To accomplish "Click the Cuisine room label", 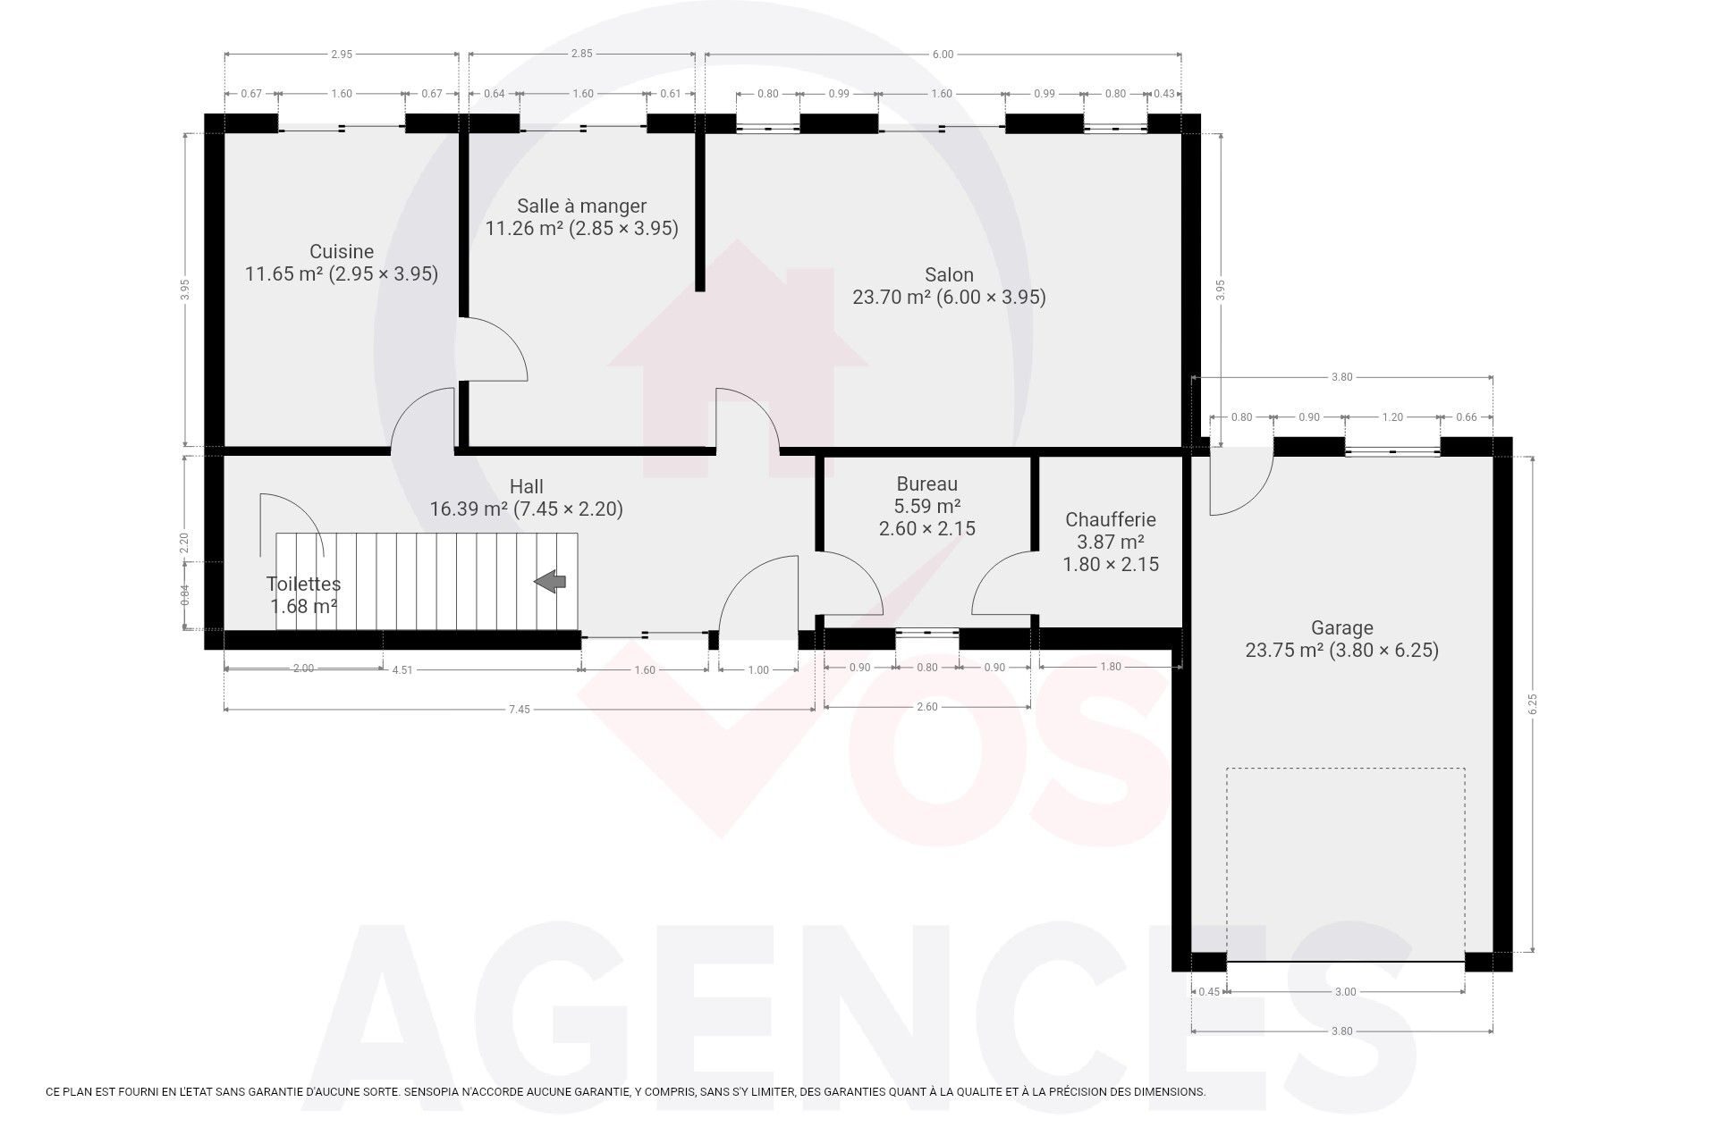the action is tap(342, 252).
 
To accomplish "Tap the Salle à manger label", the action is tap(581, 206).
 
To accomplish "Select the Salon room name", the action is tap(949, 274).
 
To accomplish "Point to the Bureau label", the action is tap(926, 484).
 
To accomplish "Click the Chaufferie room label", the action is tap(1111, 519).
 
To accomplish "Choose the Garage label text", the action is tap(1341, 627).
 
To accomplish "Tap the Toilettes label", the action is tap(303, 584).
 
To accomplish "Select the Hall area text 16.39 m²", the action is tap(469, 509).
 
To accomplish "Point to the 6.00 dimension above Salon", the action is tap(943, 55).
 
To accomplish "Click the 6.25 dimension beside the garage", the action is tap(1532, 704).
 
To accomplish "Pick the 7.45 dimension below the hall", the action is tap(519, 710).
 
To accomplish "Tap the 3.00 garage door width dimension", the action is tap(1345, 991).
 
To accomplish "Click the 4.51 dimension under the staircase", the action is tap(402, 669).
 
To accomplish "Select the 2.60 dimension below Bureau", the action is tap(927, 707).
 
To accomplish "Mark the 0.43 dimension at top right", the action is tap(1164, 94).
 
